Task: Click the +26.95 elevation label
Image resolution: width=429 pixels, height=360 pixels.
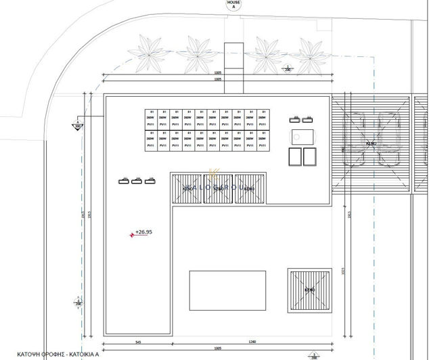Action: point(144,232)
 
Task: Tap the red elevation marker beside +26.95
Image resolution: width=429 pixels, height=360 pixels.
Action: point(132,235)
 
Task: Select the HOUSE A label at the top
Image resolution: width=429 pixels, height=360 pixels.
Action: point(233,5)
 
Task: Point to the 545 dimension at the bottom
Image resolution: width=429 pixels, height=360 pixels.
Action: point(137,342)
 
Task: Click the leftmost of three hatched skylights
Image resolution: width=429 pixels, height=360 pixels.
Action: point(187,187)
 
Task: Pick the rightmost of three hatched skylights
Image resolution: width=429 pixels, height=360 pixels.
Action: point(249,187)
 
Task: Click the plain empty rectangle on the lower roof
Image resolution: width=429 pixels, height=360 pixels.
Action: point(227,290)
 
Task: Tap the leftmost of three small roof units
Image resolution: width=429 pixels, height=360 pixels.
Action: point(124,181)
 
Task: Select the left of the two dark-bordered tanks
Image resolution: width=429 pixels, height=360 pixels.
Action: point(295,156)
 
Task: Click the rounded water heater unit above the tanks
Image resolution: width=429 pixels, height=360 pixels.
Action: point(302,135)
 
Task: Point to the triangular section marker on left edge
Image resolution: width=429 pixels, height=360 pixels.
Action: point(77,125)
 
